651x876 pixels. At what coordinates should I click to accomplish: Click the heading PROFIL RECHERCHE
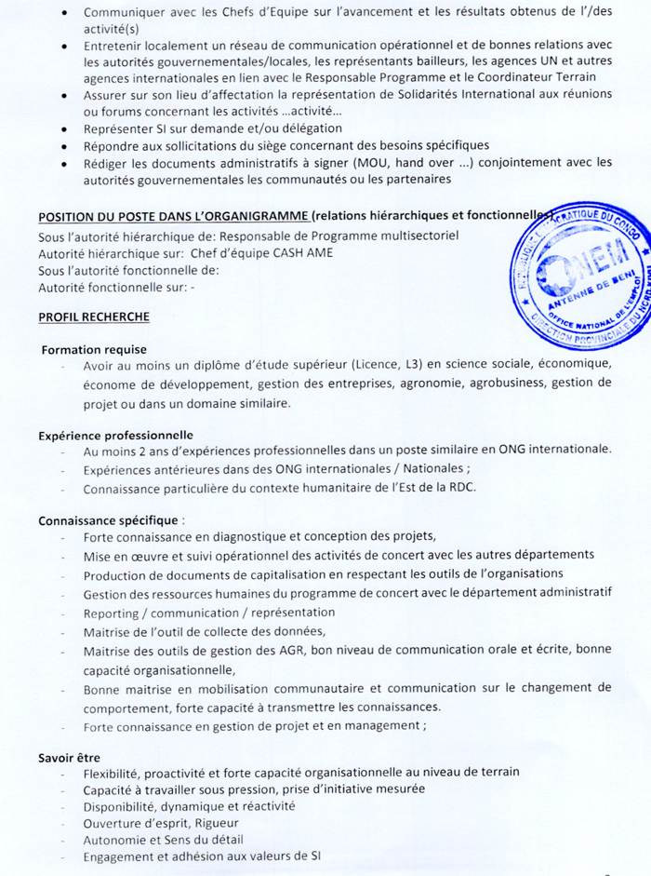[94, 317]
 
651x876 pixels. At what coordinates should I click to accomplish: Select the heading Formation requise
[87, 349]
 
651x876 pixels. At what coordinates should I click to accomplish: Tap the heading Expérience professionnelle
[115, 434]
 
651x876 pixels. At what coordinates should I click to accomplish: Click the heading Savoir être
[69, 757]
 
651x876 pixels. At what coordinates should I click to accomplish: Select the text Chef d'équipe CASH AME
[262, 252]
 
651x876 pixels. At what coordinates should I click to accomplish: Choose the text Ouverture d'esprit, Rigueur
[161, 823]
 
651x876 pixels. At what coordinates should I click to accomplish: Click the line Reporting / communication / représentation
[209, 613]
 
